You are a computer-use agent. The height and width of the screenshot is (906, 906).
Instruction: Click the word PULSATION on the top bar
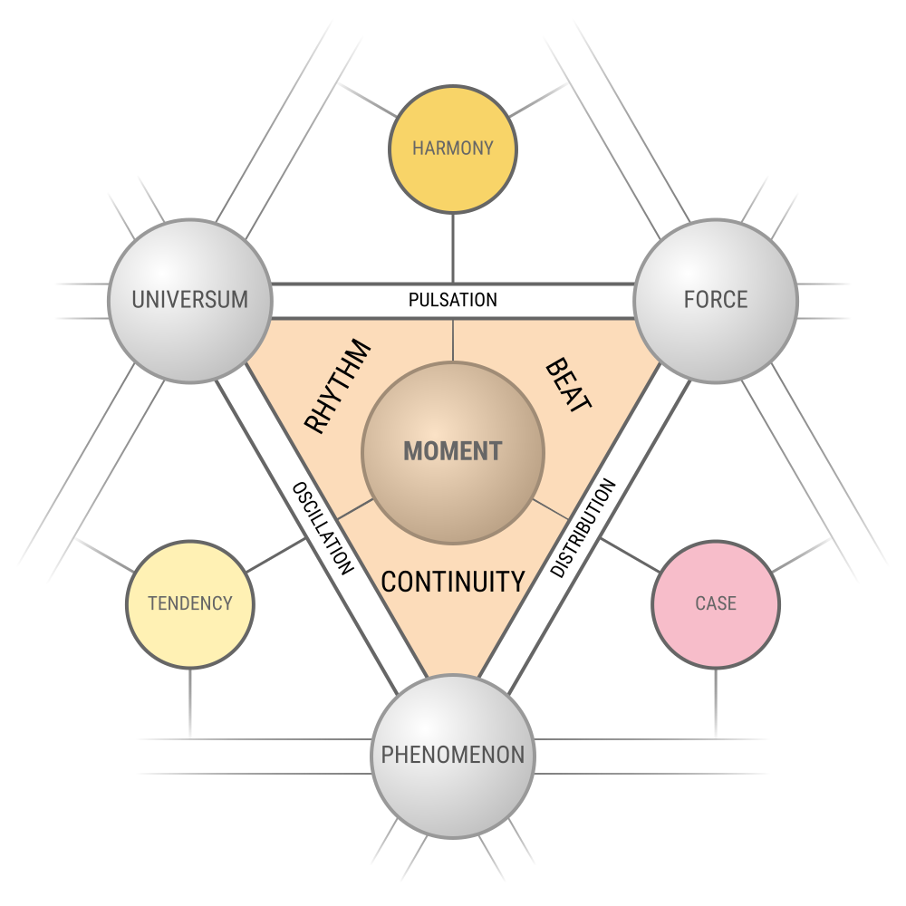click(x=453, y=300)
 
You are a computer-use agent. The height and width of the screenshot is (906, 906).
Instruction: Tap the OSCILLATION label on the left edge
click(x=323, y=528)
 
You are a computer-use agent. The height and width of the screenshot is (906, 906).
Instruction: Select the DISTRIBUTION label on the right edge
click(x=583, y=528)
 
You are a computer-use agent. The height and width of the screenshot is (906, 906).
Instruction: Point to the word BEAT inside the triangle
click(x=568, y=386)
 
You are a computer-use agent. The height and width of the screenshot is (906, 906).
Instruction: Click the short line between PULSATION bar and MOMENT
click(x=453, y=340)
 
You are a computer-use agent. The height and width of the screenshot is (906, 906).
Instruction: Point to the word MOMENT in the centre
click(x=453, y=451)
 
